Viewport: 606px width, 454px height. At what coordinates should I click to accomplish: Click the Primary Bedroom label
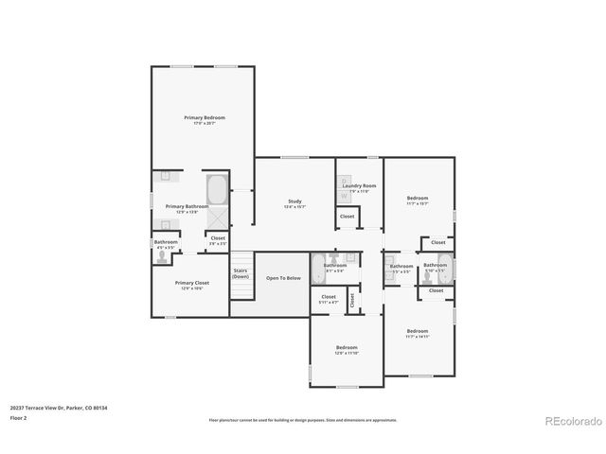(x=205, y=117)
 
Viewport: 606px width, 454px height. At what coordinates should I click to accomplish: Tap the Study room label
(x=294, y=201)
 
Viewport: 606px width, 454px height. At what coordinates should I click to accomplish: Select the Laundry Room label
(x=361, y=186)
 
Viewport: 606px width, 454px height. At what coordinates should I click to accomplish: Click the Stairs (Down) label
(x=241, y=273)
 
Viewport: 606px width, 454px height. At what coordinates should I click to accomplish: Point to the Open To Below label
(x=283, y=278)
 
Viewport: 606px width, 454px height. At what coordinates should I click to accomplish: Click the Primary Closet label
(x=192, y=283)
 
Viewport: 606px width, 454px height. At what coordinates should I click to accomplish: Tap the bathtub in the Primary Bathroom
(x=217, y=190)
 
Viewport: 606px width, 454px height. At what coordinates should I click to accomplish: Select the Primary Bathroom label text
(x=187, y=206)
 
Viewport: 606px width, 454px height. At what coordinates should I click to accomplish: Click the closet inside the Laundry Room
(x=347, y=217)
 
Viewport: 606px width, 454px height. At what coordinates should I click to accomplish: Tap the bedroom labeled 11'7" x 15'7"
(x=418, y=199)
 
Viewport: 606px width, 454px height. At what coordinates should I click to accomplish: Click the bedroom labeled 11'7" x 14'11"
(x=418, y=332)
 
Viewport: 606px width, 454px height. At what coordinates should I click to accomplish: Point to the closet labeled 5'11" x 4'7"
(x=329, y=298)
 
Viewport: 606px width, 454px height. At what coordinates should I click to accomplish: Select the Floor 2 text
(x=18, y=417)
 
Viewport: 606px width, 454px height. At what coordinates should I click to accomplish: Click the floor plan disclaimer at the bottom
(x=302, y=420)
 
